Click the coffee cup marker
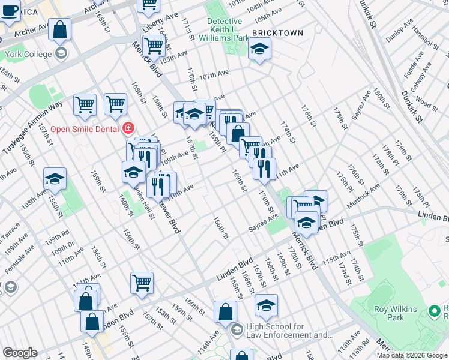[9, 11]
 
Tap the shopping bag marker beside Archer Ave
[60, 29]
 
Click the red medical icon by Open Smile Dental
[128, 128]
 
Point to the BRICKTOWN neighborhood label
[277, 32]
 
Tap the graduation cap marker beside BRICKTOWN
[259, 49]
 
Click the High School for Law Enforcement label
[289, 331]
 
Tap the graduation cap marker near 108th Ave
[55, 179]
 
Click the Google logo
[20, 353]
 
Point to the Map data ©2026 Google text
[412, 355]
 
